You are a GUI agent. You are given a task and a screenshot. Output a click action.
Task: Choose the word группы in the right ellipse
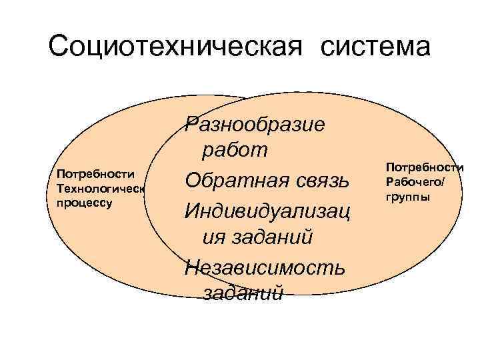click(x=407, y=197)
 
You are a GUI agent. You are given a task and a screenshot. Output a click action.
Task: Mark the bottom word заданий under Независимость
click(x=243, y=294)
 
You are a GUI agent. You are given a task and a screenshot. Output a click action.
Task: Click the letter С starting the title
click(x=59, y=47)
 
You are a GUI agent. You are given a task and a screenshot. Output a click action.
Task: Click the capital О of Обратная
click(x=193, y=180)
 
